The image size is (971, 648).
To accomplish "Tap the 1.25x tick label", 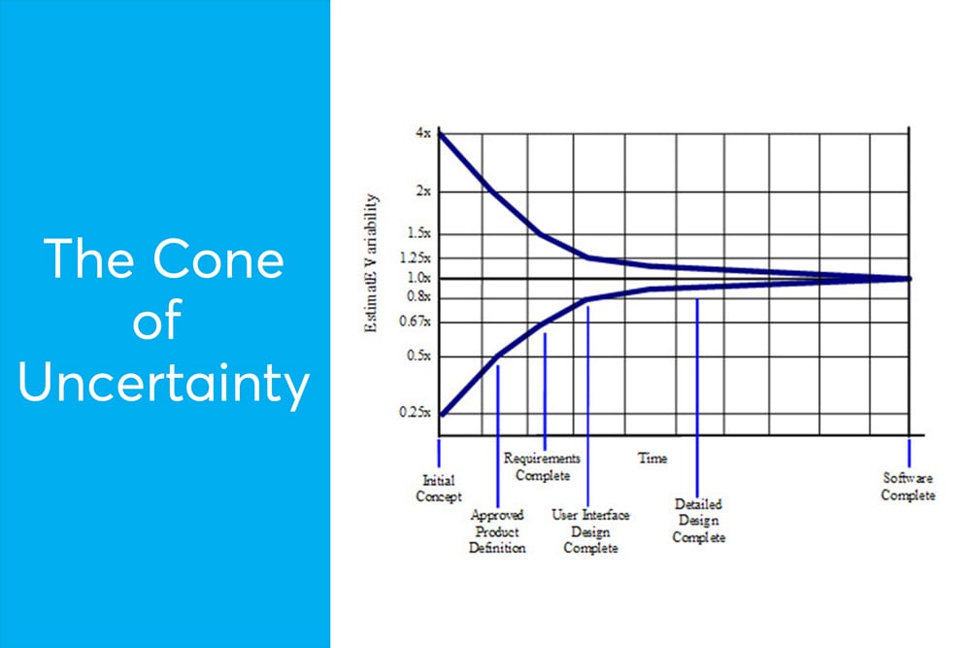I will point(416,258).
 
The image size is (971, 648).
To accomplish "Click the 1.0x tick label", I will point(419,278).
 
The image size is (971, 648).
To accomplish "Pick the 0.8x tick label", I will point(419,295).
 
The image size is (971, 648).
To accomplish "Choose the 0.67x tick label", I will point(416,323).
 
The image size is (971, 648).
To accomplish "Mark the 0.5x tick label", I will point(419,357).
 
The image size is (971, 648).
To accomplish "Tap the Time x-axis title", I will point(653,458).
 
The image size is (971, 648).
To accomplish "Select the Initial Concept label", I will point(439,489).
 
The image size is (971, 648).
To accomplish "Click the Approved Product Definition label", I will point(497,532).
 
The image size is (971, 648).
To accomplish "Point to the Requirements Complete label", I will point(542,466).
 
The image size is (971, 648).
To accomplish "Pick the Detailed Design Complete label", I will point(698,522).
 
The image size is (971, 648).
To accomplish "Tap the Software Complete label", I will point(909,487).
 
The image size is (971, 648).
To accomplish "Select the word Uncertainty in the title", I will point(164,384).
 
